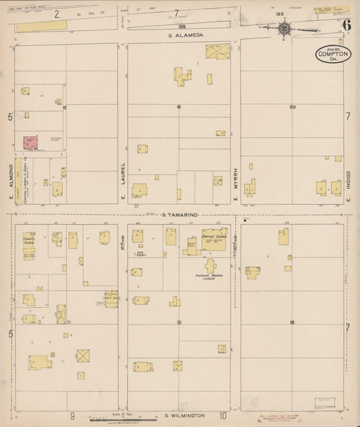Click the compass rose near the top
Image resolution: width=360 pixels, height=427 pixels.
tap(285, 28)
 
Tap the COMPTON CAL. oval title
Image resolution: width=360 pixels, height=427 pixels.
tap(333, 54)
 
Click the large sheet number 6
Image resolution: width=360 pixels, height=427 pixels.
tap(346, 25)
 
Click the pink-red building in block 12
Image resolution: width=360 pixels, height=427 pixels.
tap(30, 143)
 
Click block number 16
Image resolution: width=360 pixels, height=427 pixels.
tap(179, 107)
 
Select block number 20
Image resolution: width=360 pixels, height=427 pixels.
tap(292, 107)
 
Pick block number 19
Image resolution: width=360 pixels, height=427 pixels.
tap(292, 322)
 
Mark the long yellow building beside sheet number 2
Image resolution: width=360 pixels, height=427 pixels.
tap(42, 25)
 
